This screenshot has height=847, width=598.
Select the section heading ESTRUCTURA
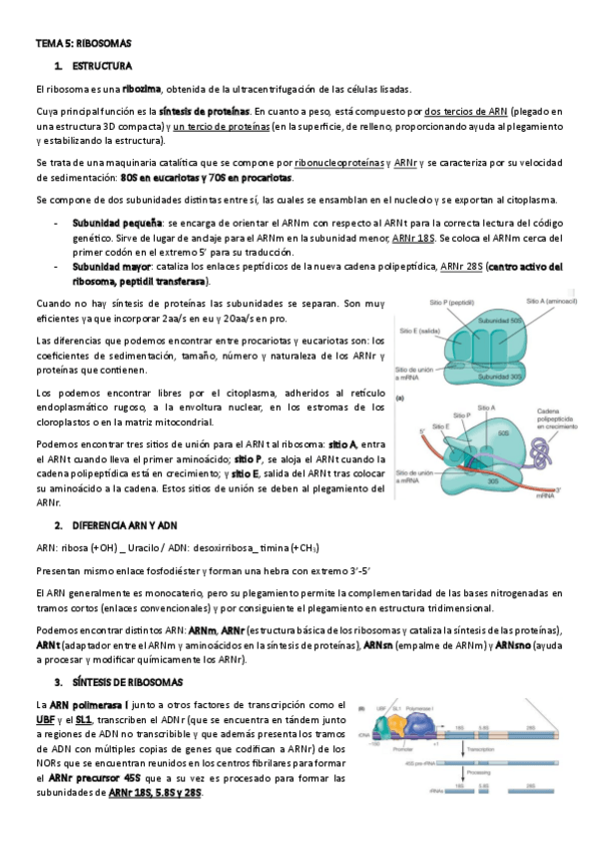(x=106, y=66)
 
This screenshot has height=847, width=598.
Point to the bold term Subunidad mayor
(x=111, y=268)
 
